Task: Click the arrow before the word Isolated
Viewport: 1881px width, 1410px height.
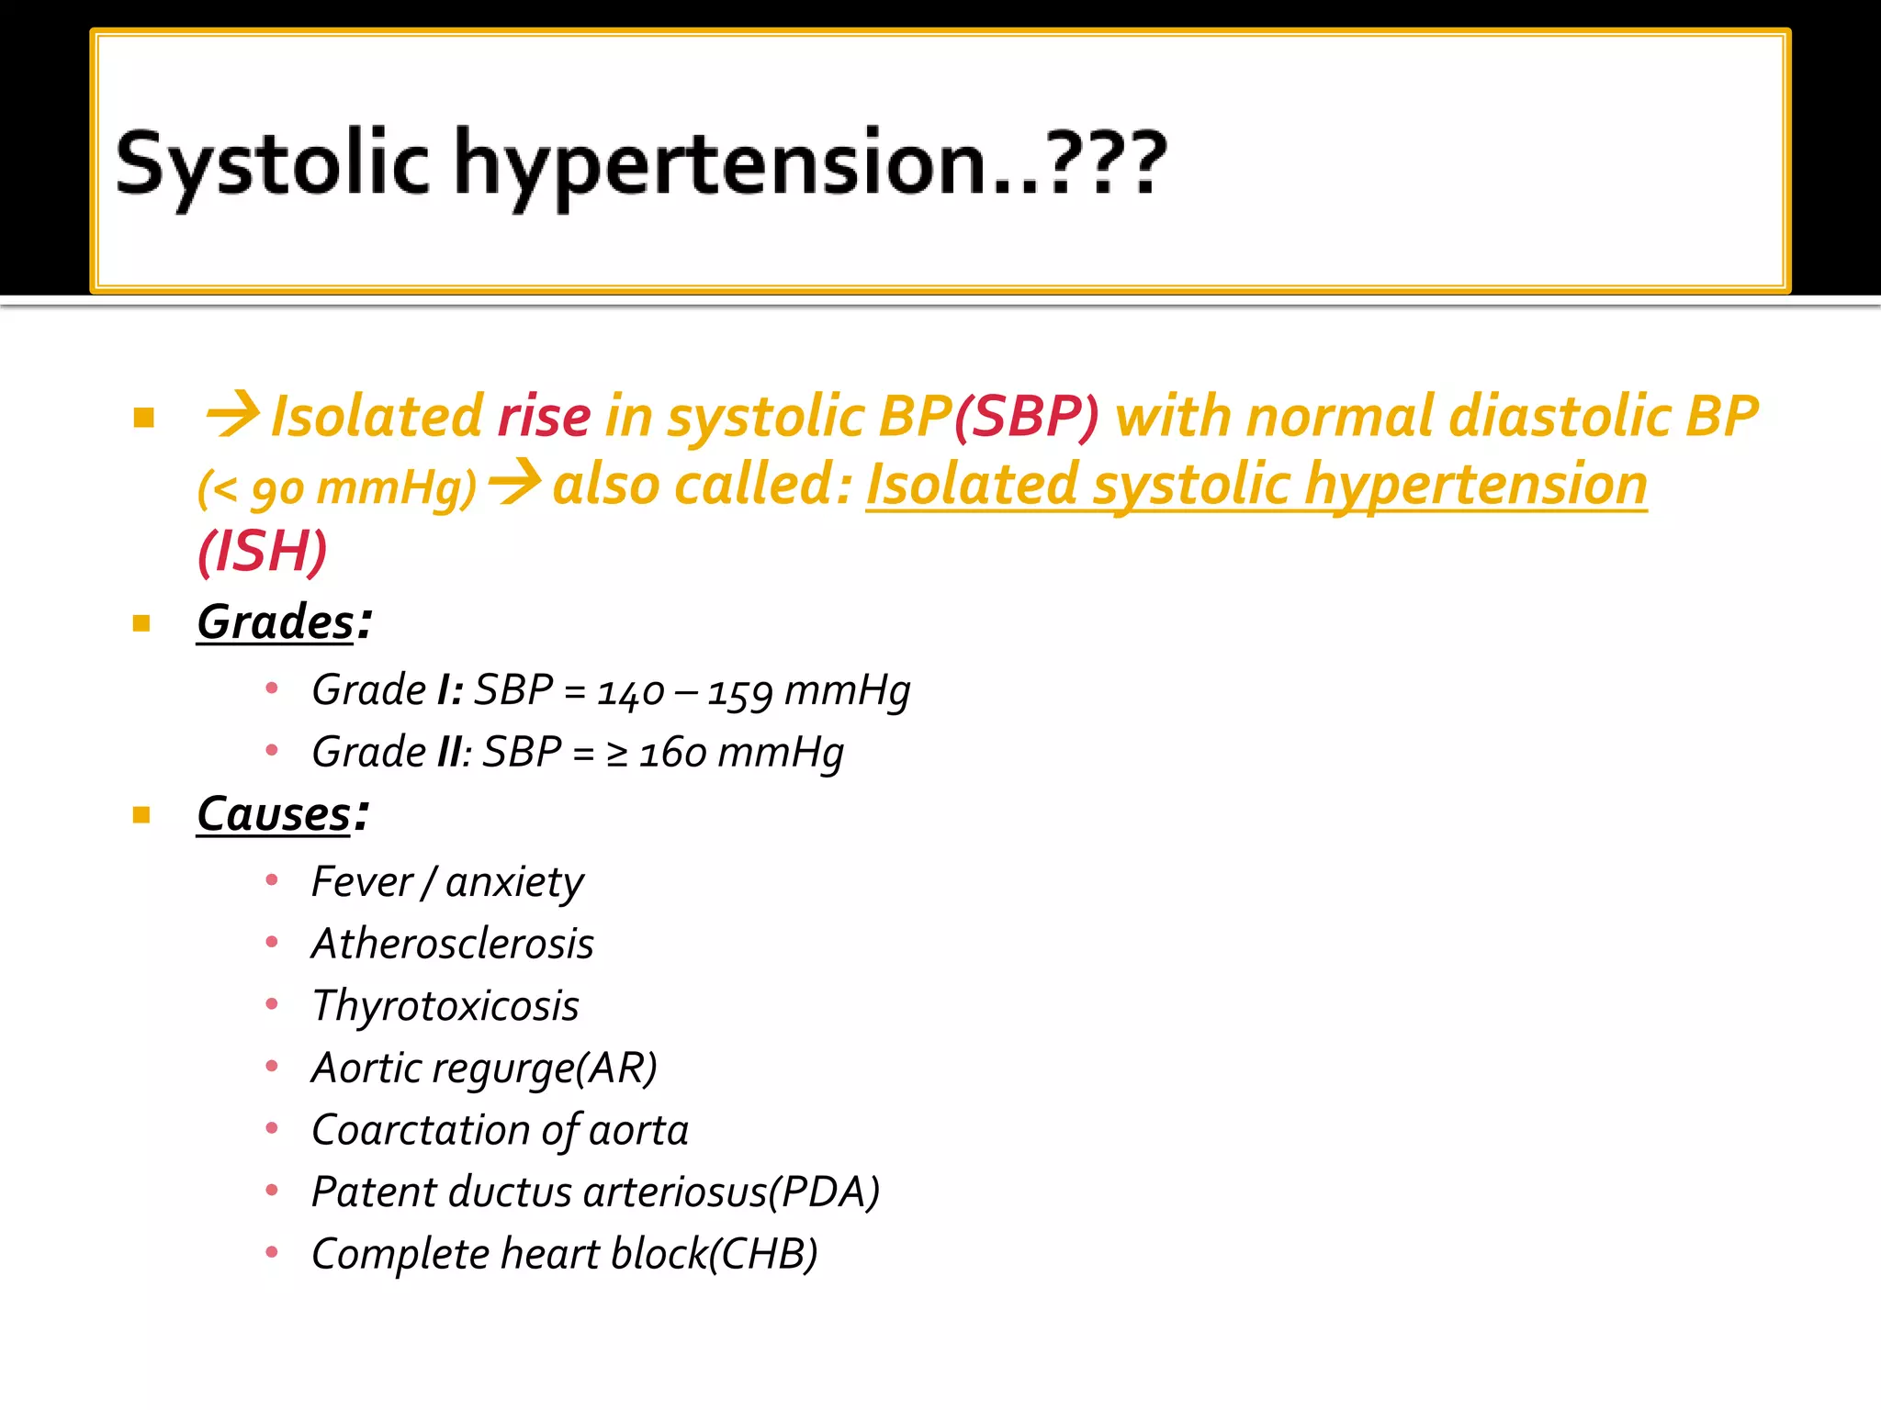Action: click(x=233, y=414)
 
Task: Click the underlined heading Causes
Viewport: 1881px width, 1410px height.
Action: click(x=274, y=813)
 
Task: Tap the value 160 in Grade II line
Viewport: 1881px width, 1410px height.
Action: click(x=673, y=753)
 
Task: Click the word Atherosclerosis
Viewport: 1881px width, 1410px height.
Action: click(x=453, y=944)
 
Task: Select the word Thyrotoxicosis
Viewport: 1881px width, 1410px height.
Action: click(x=445, y=1006)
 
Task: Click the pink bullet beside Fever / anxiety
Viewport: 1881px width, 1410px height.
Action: click(x=272, y=880)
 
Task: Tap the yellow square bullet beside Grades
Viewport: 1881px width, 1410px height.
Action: click(x=141, y=624)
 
